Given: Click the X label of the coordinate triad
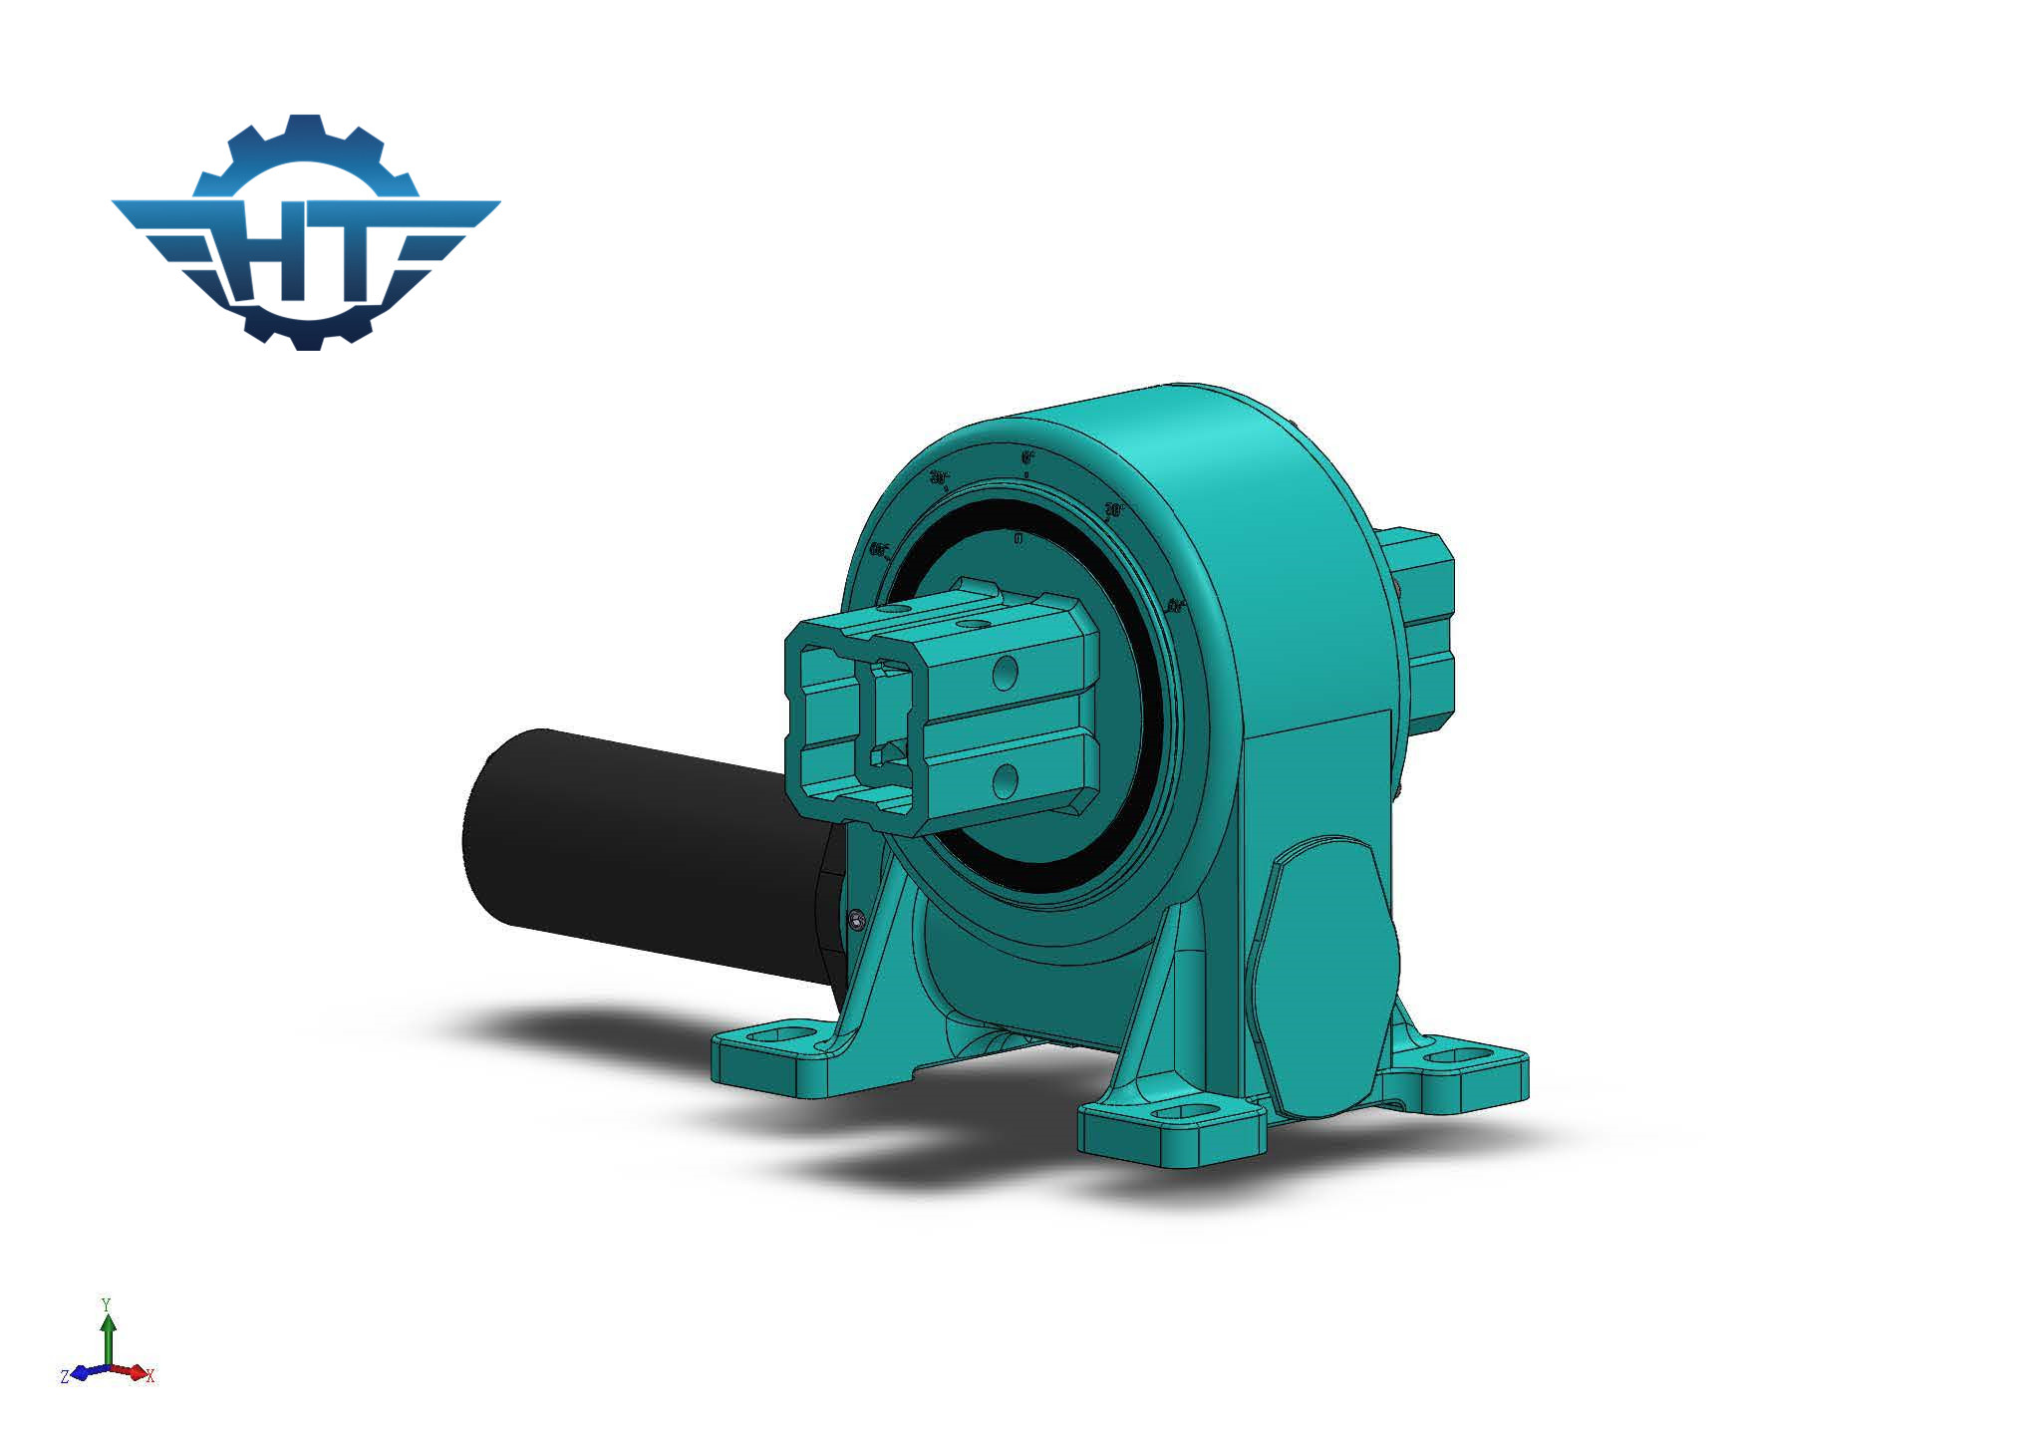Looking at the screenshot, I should pos(150,1376).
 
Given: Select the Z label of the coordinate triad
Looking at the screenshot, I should pos(65,1376).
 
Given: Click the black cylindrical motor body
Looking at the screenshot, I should pos(638,847).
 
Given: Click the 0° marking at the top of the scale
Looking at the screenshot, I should pos(1027,457).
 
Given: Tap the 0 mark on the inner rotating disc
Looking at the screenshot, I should pos(1018,539).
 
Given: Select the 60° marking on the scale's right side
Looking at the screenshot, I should pos(1175,605).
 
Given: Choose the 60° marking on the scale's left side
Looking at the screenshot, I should pos(879,549).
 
